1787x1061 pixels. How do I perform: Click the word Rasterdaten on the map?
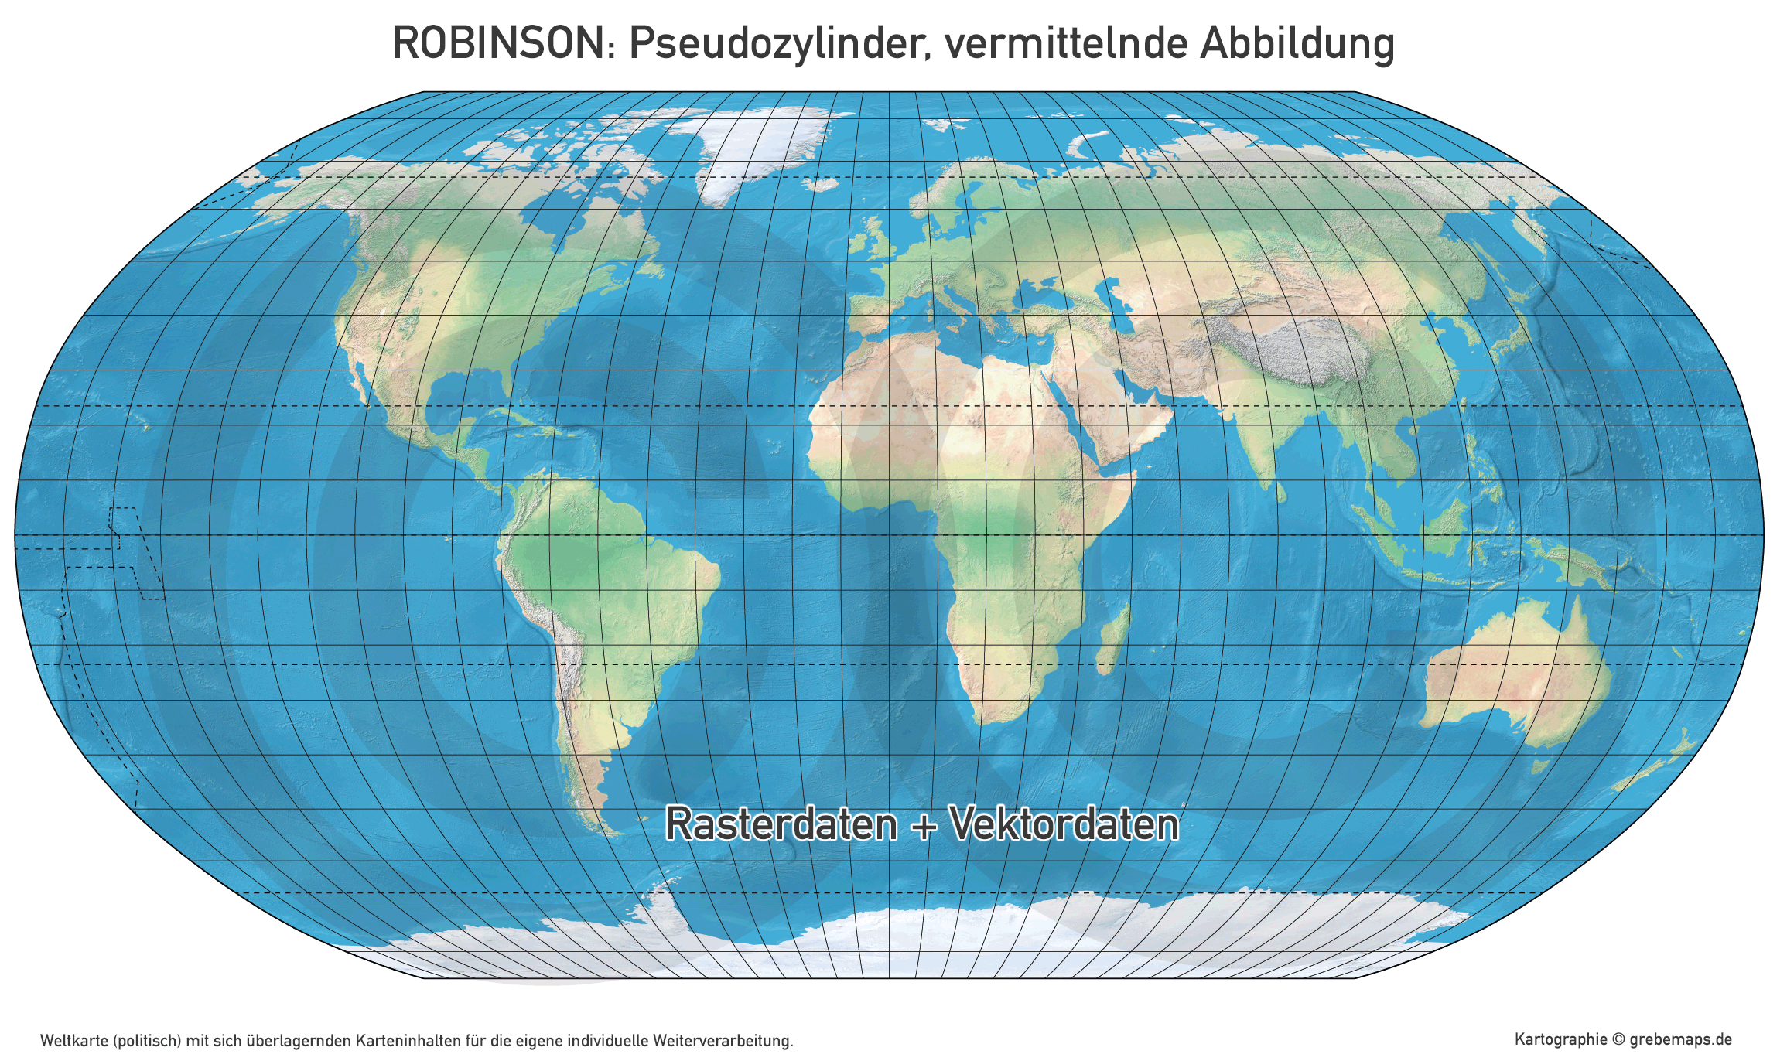(x=781, y=824)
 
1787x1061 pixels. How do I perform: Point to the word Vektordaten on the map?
(x=1064, y=824)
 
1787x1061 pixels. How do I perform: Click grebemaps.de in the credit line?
(x=1680, y=1039)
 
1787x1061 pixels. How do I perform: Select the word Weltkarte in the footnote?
(x=74, y=1041)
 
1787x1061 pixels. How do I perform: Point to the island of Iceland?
(x=822, y=184)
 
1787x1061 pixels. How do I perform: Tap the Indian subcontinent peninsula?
(x=1257, y=433)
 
